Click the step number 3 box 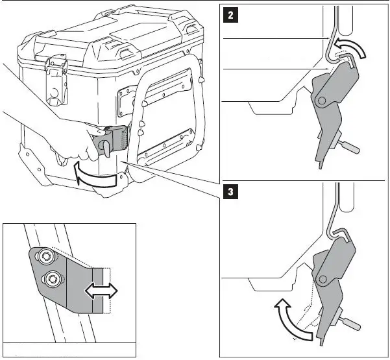point(229,192)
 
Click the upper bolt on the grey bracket point(45,258)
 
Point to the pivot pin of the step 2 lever point(321,101)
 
